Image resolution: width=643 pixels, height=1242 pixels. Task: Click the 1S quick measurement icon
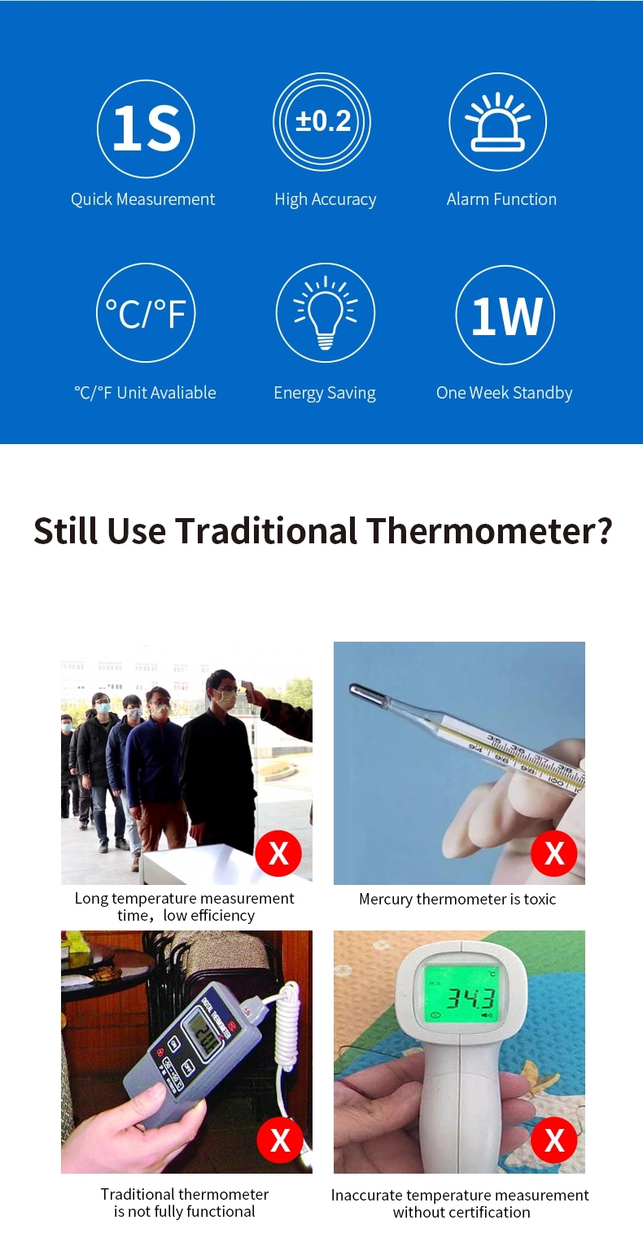(x=146, y=129)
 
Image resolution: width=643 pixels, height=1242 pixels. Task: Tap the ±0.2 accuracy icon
(x=321, y=121)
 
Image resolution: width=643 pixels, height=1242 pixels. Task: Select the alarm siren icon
(x=497, y=121)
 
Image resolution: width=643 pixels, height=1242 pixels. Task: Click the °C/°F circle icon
(x=146, y=312)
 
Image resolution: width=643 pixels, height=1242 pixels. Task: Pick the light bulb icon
(x=325, y=312)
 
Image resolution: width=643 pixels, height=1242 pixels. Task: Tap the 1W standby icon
(x=505, y=315)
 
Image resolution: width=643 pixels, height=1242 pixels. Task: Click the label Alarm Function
(x=501, y=199)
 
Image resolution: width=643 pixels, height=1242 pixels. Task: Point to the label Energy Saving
(x=325, y=393)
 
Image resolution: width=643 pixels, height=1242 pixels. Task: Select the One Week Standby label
(x=505, y=393)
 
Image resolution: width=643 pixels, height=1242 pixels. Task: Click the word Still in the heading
(x=66, y=530)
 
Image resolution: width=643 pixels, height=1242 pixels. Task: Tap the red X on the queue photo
(x=278, y=852)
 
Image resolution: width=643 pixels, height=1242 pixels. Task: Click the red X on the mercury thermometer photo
(x=554, y=852)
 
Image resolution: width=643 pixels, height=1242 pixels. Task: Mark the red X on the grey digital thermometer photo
(x=280, y=1140)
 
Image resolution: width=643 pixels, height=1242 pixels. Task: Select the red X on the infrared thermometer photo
(x=554, y=1140)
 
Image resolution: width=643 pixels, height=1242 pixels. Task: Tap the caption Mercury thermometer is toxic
(x=457, y=899)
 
